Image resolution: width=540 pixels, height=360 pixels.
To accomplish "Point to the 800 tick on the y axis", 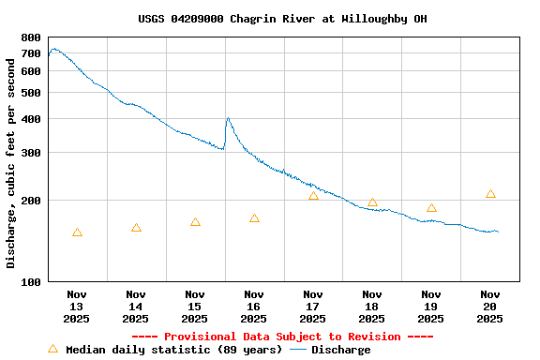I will (x=31, y=37).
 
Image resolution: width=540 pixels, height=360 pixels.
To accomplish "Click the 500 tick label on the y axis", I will (x=31, y=93).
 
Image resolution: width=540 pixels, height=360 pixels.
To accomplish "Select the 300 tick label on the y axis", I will (x=31, y=153).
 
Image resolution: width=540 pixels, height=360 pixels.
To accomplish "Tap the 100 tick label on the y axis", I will (x=31, y=281).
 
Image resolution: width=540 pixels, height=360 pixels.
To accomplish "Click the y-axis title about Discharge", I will (x=11, y=159).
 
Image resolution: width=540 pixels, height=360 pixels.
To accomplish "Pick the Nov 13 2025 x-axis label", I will (x=77, y=306).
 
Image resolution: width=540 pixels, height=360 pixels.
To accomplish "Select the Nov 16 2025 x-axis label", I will (x=254, y=306).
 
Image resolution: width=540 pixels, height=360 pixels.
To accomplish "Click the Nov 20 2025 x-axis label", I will (x=490, y=306).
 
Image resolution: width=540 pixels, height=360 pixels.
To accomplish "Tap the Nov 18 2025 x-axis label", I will (x=372, y=306).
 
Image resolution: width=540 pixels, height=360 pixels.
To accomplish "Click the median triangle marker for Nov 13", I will (x=77, y=232).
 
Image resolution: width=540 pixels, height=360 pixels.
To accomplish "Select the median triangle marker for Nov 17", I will (x=313, y=196).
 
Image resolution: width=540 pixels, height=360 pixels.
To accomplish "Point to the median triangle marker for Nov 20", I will (x=490, y=194).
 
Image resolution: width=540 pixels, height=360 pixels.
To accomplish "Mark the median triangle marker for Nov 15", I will (x=195, y=222).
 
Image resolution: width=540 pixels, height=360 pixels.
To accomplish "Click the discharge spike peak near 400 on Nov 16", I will (x=228, y=118).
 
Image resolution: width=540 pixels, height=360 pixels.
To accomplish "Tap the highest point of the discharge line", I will (x=53, y=49).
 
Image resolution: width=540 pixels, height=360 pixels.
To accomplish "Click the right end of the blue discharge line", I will (x=498, y=232).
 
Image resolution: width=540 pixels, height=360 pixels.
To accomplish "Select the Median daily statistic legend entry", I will (x=165, y=350).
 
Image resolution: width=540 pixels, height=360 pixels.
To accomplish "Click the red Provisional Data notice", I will (x=282, y=337).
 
